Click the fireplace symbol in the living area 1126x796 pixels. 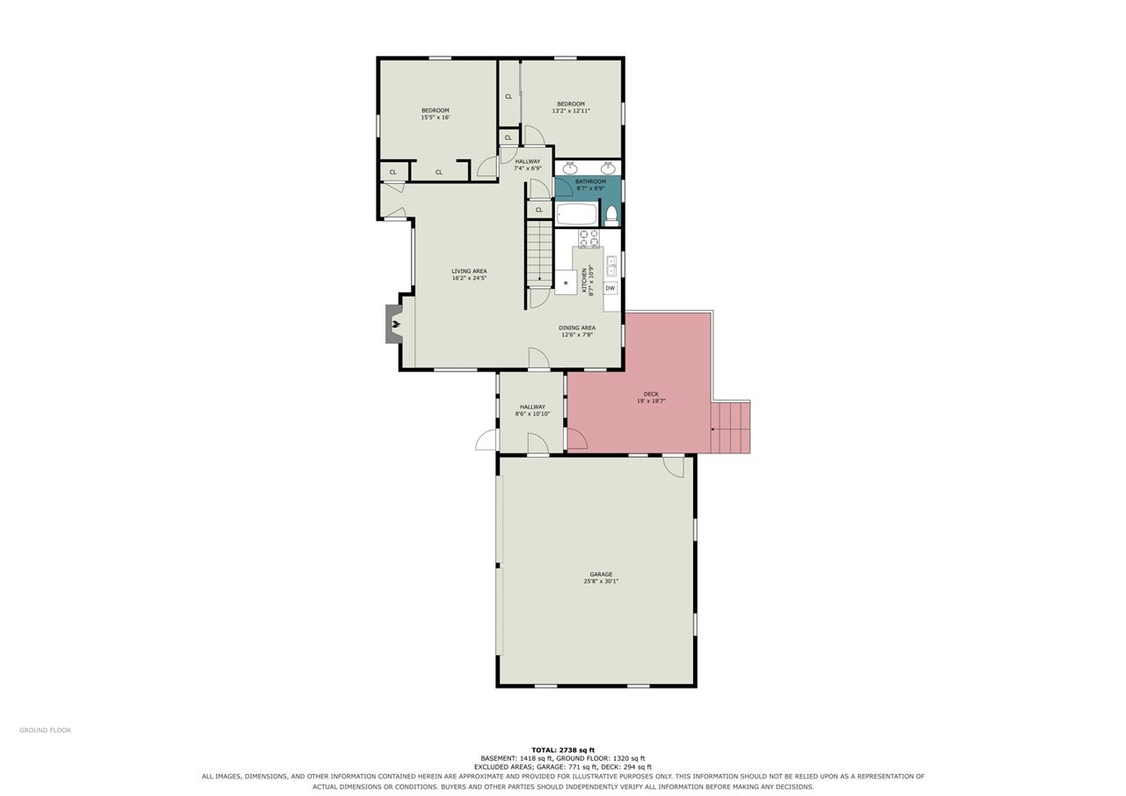[394, 324]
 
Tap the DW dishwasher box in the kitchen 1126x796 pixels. [611, 288]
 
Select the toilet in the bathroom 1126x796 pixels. [611, 214]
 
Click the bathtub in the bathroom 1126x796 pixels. [577, 214]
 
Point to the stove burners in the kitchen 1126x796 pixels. [589, 238]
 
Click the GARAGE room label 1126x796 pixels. [601, 574]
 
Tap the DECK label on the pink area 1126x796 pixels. [651, 394]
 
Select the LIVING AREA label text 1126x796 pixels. [469, 271]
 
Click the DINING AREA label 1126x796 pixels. [577, 328]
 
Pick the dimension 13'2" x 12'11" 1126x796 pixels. [571, 111]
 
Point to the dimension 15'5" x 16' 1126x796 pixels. [435, 117]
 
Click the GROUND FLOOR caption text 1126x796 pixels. [45, 730]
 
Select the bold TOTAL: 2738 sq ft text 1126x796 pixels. [563, 750]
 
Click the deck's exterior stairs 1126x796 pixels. [730, 427]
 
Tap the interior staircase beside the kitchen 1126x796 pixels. [539, 254]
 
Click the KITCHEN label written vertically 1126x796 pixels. [584, 280]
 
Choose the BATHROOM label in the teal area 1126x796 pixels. [590, 181]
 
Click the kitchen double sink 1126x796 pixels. [611, 266]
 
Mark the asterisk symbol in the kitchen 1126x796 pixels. [566, 284]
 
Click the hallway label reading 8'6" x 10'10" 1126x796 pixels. [532, 414]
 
